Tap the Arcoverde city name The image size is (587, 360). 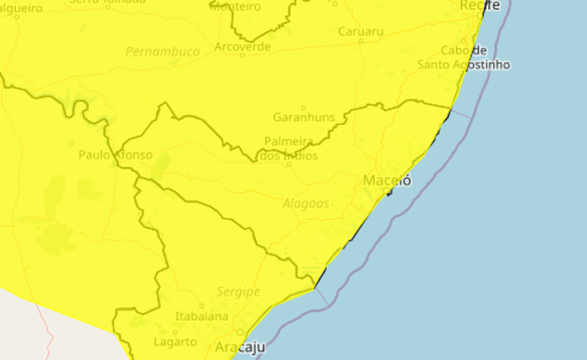243,47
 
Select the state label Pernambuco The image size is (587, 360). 163,52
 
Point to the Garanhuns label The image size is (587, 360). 304,117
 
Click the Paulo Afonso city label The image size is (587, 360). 115,154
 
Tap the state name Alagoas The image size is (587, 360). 306,203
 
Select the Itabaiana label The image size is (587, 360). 201,316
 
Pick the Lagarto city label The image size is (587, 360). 175,342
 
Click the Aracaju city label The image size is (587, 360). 240,347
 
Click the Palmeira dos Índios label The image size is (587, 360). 289,149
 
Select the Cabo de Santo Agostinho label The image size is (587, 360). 464,58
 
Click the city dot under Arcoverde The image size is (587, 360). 242,57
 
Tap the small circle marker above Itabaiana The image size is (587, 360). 201,305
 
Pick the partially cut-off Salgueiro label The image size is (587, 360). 21,7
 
